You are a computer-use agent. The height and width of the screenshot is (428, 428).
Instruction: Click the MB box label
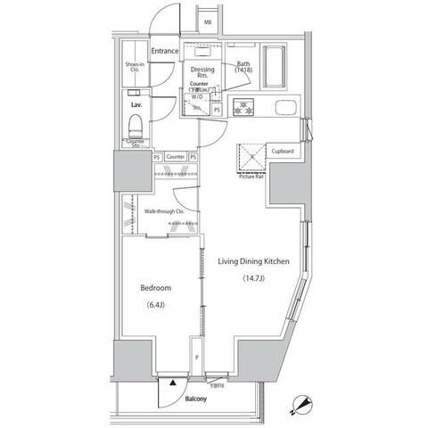coord(207,23)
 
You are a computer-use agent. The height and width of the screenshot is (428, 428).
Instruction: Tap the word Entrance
coord(165,51)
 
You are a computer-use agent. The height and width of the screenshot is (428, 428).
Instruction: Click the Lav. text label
coord(137,105)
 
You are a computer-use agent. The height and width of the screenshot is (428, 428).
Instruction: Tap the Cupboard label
coord(283,152)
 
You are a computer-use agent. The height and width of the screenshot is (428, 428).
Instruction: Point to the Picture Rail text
coord(251,177)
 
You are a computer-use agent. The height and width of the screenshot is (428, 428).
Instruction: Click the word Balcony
coord(197,399)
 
